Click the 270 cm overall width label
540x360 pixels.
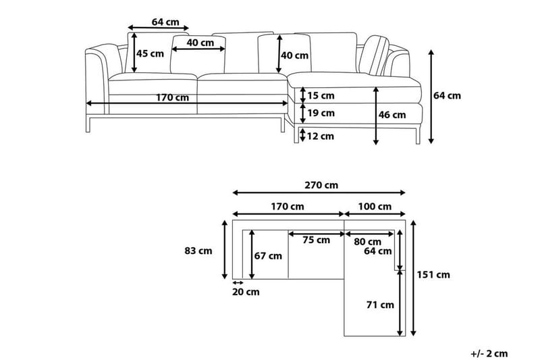click(321, 184)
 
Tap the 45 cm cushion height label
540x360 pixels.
click(151, 53)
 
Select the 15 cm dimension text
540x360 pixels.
click(321, 95)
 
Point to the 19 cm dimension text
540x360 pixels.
click(321, 113)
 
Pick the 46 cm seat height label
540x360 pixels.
click(392, 115)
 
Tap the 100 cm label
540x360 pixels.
click(375, 206)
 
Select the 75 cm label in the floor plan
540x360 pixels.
click(316, 240)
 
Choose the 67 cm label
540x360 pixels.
click(268, 255)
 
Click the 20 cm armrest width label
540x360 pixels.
click(245, 292)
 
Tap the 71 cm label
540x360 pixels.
click(380, 305)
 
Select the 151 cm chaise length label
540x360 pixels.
click(434, 274)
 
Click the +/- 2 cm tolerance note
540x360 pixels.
click(489, 353)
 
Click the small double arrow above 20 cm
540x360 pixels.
click(238, 282)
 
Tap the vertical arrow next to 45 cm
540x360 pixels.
click(134, 51)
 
